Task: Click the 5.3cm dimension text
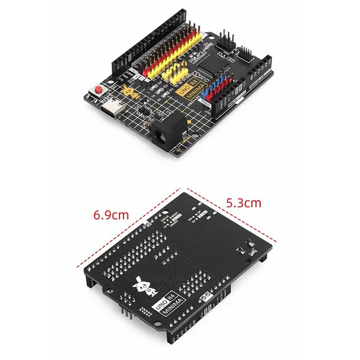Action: coord(243,202)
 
